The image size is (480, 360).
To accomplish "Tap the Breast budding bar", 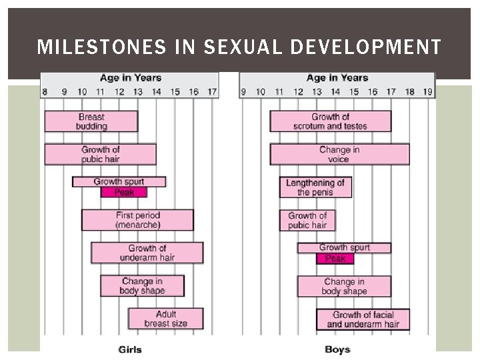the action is click(x=91, y=121).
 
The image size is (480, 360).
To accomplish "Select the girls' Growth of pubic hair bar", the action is click(x=100, y=154).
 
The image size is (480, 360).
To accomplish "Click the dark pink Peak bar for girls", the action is click(x=123, y=193).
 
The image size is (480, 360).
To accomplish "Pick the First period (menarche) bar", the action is click(x=137, y=220).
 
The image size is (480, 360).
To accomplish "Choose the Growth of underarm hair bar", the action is click(x=147, y=253).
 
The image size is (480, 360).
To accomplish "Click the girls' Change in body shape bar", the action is click(x=142, y=285).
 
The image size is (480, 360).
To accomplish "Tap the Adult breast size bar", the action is click(x=166, y=319).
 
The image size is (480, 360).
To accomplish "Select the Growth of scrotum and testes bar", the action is click(x=330, y=121).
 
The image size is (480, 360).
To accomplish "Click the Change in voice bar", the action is click(x=339, y=154).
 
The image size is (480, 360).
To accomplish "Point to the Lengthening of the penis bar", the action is click(x=315, y=187).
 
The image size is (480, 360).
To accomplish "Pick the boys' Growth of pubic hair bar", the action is click(x=307, y=220).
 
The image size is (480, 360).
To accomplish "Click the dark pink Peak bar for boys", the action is click(x=335, y=259).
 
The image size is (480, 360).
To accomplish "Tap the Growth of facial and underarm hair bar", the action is click(x=363, y=319).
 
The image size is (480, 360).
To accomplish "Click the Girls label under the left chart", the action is click(x=130, y=349).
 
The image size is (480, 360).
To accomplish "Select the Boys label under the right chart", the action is click(x=337, y=349).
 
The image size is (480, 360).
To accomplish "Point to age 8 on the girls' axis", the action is click(x=45, y=91).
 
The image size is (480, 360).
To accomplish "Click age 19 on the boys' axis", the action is click(x=427, y=91).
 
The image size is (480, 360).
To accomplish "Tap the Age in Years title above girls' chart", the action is click(x=131, y=77).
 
